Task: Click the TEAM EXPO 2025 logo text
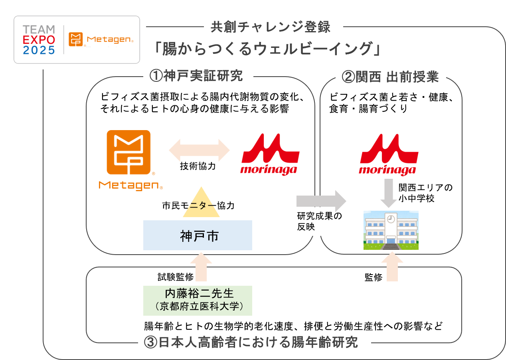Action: pos(39,40)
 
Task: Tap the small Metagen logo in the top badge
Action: pos(101,40)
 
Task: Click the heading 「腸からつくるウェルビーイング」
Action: pos(267,49)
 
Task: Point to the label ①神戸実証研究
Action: pos(198,76)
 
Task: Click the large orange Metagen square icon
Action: pos(128,153)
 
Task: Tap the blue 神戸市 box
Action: pos(198,235)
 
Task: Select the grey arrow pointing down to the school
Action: pos(388,193)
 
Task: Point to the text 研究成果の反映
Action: pos(319,221)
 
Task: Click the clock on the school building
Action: pos(391,219)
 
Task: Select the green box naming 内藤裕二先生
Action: pos(198,300)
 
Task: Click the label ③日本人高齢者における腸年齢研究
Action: pos(254,342)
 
